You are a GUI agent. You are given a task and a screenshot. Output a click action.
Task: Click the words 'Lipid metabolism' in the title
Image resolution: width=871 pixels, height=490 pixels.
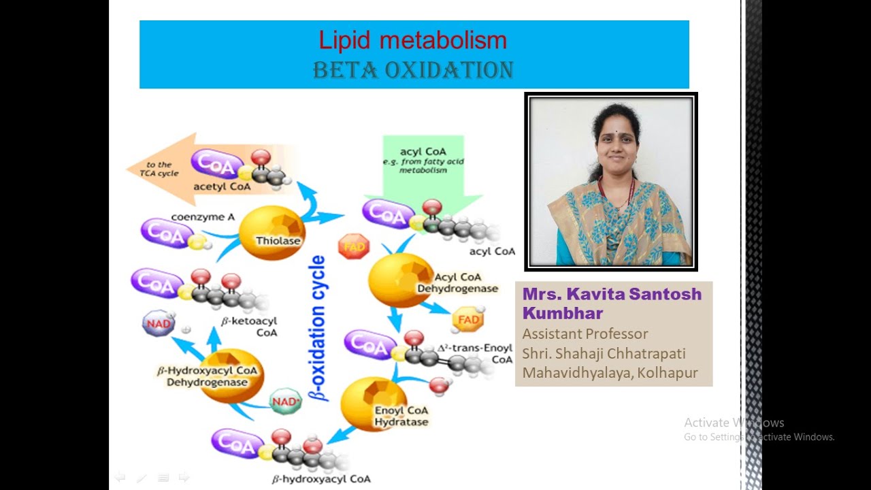[413, 41]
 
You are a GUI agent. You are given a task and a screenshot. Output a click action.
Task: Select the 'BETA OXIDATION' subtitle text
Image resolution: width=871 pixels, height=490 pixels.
[413, 70]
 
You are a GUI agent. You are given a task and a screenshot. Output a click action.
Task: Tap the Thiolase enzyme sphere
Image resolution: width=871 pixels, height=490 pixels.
[272, 233]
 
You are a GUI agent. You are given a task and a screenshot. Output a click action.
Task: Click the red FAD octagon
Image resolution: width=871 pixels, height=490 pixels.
[354, 246]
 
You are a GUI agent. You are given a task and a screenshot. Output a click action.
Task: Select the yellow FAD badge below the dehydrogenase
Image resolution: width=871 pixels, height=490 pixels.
[468, 319]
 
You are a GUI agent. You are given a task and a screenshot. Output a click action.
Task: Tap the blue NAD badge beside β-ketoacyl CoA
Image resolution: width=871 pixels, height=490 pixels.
[159, 323]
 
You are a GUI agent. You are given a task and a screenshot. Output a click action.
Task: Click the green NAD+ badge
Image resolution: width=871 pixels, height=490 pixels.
[286, 402]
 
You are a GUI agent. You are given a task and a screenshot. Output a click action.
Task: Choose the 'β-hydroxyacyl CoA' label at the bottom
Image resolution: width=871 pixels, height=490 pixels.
[321, 479]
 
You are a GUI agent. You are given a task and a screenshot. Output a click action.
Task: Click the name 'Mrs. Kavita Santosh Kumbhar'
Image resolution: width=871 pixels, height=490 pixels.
[611, 303]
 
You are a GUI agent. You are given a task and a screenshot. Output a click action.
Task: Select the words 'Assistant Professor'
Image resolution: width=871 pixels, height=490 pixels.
[585, 334]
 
